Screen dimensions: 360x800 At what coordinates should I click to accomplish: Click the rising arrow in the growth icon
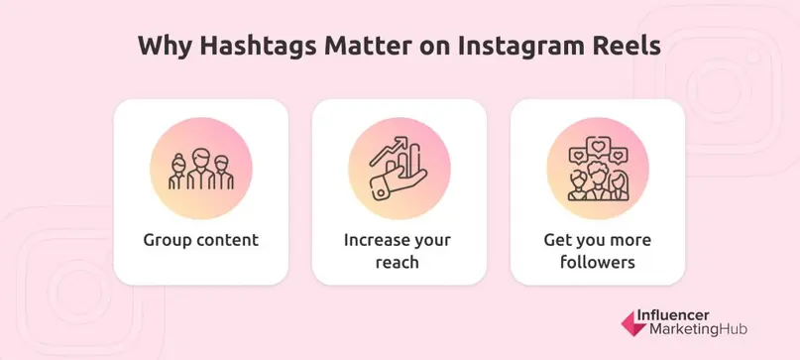point(389,149)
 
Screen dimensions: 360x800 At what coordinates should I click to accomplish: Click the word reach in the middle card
point(399,264)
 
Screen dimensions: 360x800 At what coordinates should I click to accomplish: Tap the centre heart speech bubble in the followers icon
point(598,146)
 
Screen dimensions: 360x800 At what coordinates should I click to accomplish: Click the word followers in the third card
point(597,264)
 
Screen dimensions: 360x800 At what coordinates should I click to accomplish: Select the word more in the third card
point(629,240)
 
